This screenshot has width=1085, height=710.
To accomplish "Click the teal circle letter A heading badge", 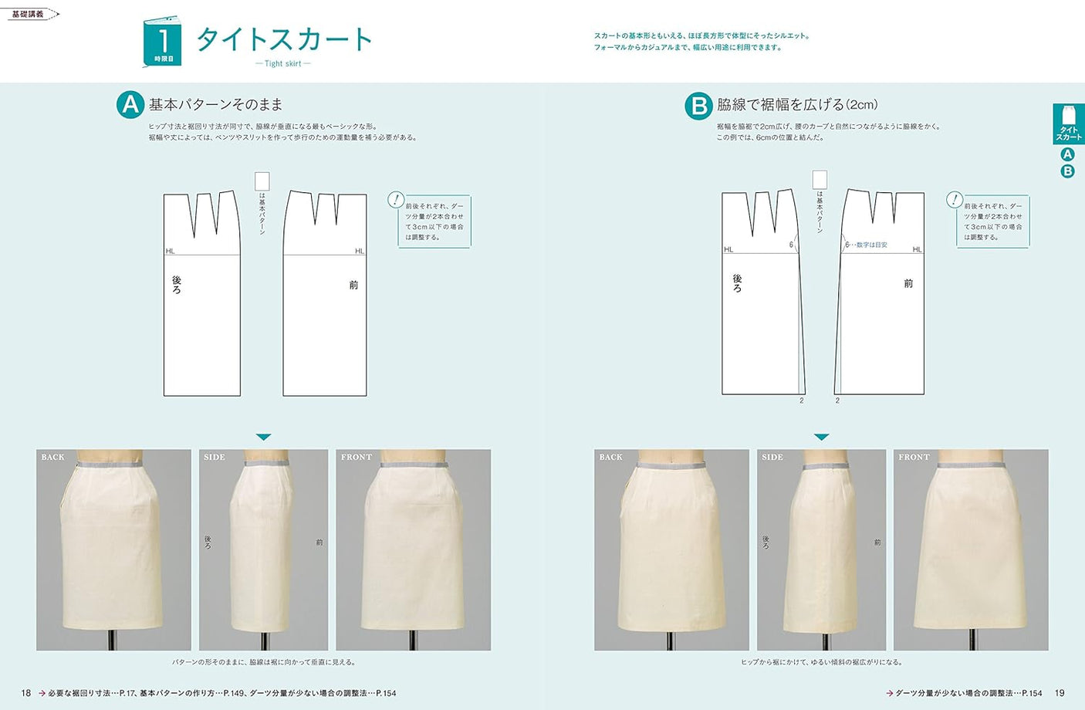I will [x=130, y=105].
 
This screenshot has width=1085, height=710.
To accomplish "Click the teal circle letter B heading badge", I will [x=698, y=106].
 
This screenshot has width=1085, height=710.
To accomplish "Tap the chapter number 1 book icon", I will [x=163, y=42].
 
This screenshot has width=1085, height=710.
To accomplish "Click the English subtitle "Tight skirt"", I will [x=283, y=63].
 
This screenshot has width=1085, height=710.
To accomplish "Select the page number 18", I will [x=25, y=693].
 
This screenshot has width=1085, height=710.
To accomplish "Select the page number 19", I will [x=1060, y=693].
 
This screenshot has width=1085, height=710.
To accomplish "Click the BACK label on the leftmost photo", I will [x=53, y=457].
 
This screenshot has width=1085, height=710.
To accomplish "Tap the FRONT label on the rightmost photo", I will [x=914, y=457].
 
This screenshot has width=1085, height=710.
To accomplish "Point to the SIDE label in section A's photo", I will [x=215, y=457].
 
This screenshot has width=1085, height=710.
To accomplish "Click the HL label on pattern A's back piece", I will [x=171, y=251].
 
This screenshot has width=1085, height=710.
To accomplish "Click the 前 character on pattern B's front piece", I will [x=908, y=283].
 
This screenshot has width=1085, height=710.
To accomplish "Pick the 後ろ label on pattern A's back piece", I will [x=177, y=285].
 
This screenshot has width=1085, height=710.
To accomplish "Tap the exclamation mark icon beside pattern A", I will [x=396, y=200].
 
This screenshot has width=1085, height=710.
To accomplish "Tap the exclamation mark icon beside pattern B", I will [x=955, y=200].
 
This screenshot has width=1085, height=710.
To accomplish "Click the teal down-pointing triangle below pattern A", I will [x=264, y=437].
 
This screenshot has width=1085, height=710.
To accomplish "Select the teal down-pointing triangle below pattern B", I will [x=822, y=437].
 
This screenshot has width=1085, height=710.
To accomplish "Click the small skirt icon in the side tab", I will [x=1068, y=115].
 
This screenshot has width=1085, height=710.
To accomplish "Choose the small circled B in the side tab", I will [x=1068, y=171].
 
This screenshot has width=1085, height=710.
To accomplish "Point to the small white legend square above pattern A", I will [x=262, y=181].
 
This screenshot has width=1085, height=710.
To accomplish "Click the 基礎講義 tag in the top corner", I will [x=29, y=14].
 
